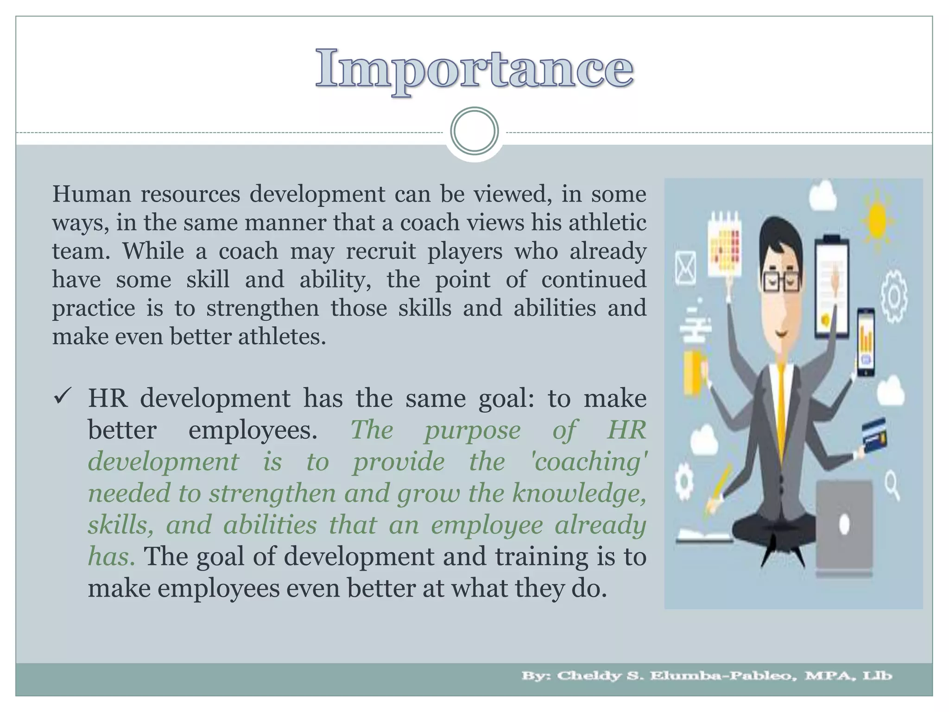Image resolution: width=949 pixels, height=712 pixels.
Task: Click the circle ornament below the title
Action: click(474, 131)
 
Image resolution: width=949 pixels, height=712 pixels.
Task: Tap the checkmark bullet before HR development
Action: click(62, 397)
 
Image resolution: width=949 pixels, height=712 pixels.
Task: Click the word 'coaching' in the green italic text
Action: click(590, 462)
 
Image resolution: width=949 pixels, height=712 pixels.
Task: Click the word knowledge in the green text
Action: click(579, 493)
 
